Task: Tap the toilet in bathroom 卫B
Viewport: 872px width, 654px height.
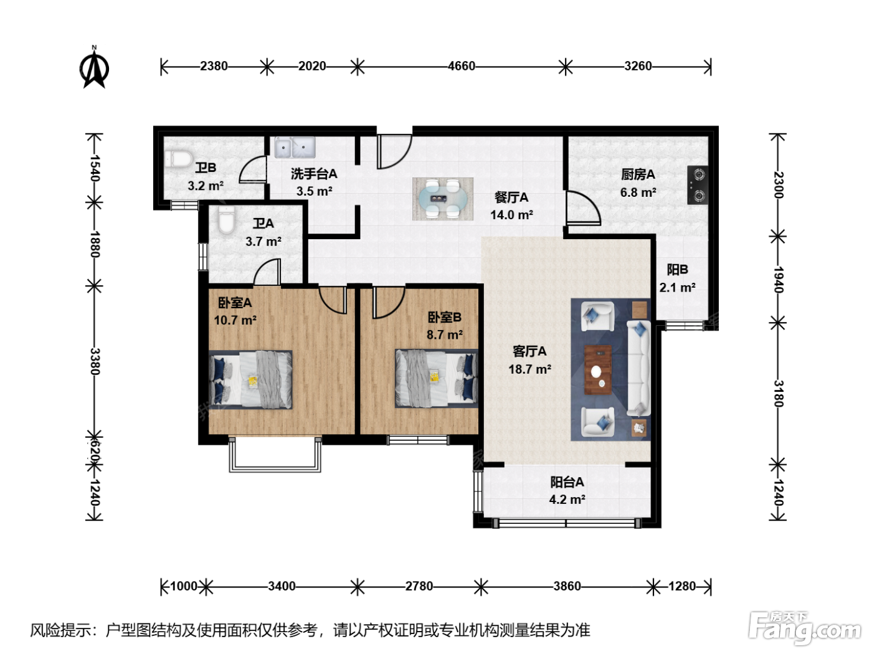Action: click(x=178, y=159)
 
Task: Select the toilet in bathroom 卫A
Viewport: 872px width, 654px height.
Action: click(x=227, y=222)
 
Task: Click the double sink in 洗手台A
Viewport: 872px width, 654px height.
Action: click(x=295, y=148)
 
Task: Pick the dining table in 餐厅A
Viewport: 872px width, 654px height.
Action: click(x=443, y=199)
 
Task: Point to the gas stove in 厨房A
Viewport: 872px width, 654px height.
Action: click(x=698, y=185)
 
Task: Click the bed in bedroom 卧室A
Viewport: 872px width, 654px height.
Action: click(x=250, y=379)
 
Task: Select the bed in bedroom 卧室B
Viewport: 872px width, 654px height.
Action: click(x=436, y=379)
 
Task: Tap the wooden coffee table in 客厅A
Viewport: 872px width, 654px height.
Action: click(x=598, y=370)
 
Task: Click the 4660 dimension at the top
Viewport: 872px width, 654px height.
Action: click(x=462, y=66)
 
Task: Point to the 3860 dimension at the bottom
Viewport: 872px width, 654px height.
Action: click(x=567, y=586)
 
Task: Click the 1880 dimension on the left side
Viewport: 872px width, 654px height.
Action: click(x=95, y=244)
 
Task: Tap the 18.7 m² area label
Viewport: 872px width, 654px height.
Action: click(x=529, y=369)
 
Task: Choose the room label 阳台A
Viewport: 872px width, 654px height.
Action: click(x=567, y=482)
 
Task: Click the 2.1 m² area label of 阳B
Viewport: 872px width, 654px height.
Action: click(x=677, y=287)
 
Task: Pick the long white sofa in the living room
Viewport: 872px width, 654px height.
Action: click(x=639, y=369)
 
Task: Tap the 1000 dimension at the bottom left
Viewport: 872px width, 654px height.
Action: click(x=184, y=586)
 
